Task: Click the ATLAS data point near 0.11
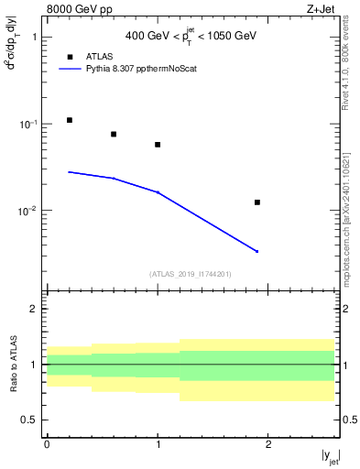click(x=69, y=120)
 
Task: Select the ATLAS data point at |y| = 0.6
click(x=114, y=135)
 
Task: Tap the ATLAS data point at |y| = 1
click(x=158, y=145)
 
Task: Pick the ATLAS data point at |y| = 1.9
click(x=257, y=202)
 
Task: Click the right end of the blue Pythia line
click(x=257, y=251)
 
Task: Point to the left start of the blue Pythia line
click(x=69, y=171)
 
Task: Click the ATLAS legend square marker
click(x=70, y=55)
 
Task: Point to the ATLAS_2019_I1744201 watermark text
click(x=191, y=274)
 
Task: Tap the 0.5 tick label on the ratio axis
click(x=29, y=420)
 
